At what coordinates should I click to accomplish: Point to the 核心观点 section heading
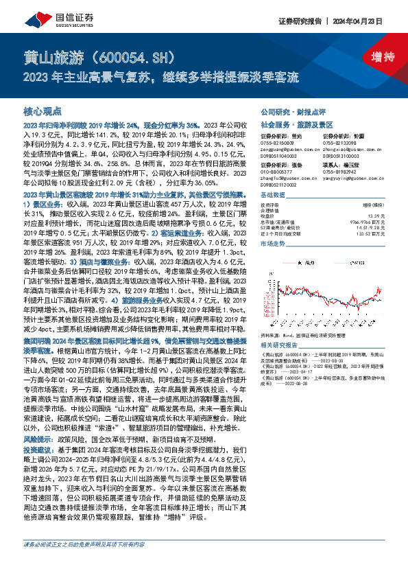(x=43, y=110)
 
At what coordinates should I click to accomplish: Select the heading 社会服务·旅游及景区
(x=292, y=126)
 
